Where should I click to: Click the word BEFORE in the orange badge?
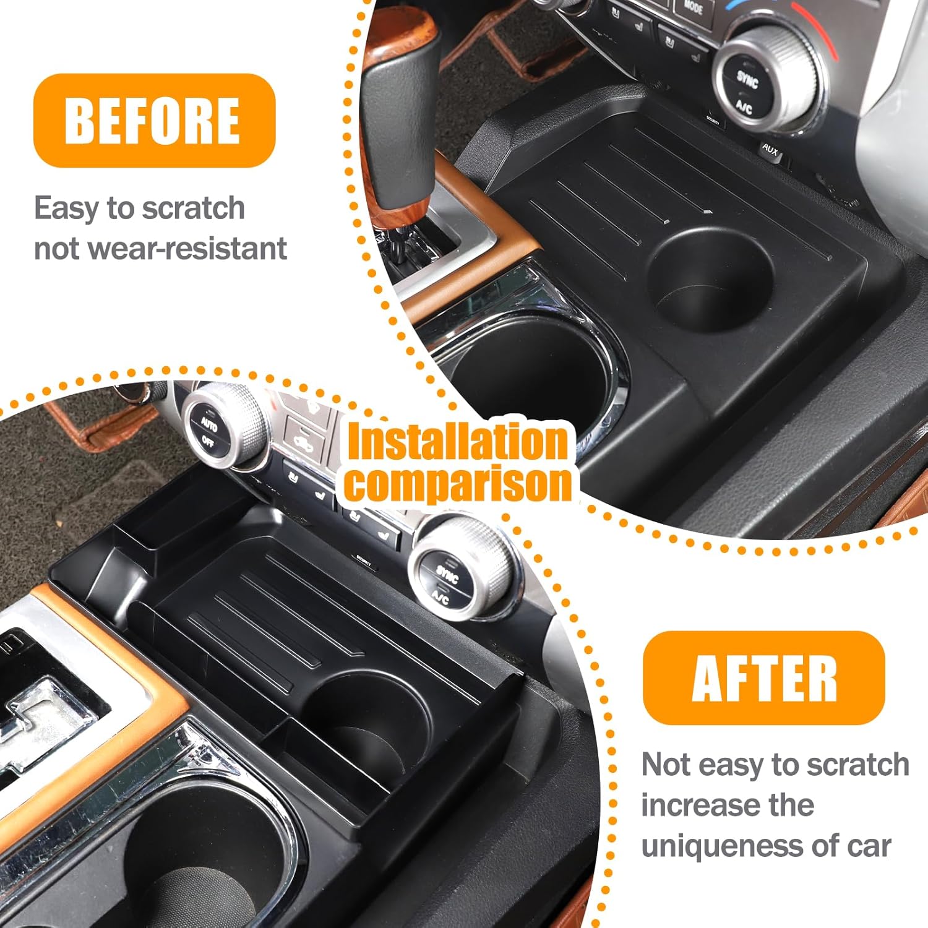(152, 121)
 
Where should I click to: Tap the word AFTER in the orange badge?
(764, 678)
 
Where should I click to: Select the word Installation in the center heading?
(457, 441)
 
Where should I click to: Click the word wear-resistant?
(187, 249)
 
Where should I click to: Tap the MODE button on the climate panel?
(694, 8)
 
